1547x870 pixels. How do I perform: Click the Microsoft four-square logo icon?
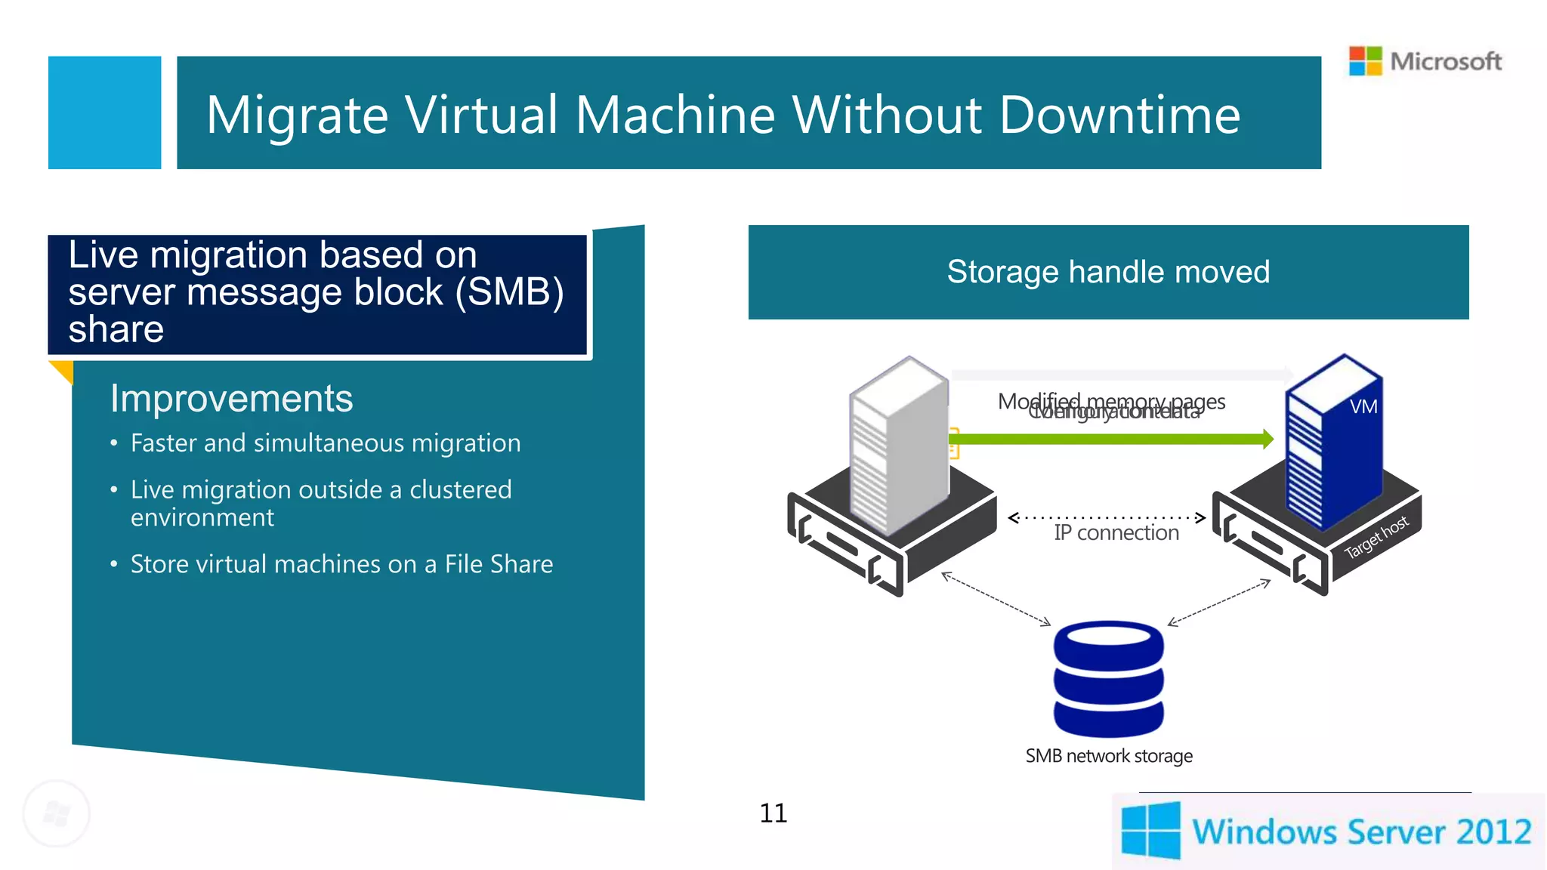click(x=1365, y=61)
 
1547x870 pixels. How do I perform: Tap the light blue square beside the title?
click(x=104, y=113)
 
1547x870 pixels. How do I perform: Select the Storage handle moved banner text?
click(x=1107, y=272)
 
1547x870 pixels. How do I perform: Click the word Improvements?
click(x=231, y=399)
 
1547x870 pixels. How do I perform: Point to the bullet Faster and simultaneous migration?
click(x=326, y=443)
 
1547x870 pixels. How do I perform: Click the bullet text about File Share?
click(x=341, y=564)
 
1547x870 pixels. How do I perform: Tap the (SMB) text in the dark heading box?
click(x=509, y=292)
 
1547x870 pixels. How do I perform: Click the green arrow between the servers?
click(x=1110, y=439)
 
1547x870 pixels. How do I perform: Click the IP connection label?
click(x=1116, y=533)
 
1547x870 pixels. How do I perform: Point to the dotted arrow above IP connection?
click(x=1107, y=518)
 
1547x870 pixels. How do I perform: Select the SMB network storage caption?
click(x=1108, y=756)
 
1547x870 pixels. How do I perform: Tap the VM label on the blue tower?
click(x=1363, y=407)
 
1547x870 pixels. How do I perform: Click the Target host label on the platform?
click(x=1376, y=536)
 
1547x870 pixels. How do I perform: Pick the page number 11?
click(x=773, y=813)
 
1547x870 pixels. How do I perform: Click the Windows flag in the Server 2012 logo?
click(x=1150, y=831)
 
